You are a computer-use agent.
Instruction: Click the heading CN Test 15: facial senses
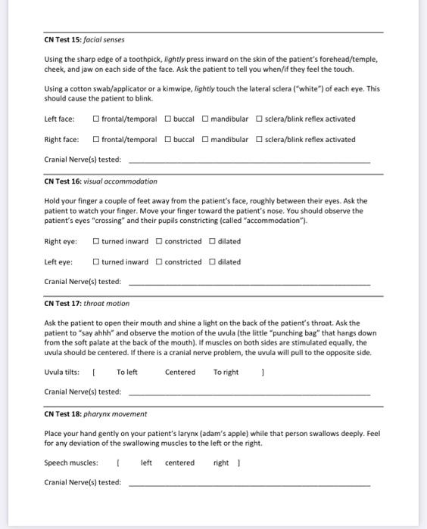pos(84,39)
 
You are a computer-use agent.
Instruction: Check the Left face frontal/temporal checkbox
pos(96,119)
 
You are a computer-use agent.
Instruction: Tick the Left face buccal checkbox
pos(168,119)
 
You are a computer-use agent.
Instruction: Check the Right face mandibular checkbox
pos(204,139)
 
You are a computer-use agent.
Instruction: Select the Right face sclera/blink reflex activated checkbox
pos(260,139)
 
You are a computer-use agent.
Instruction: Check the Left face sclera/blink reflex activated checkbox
pos(260,119)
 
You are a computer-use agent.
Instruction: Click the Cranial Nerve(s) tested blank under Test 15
pos(250,160)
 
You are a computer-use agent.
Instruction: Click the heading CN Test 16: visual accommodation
pos(101,181)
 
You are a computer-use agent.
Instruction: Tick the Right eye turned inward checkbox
pos(96,241)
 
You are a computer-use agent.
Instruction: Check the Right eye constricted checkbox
pos(159,241)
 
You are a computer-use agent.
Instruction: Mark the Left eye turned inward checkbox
pos(96,261)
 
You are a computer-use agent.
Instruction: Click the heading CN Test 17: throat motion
pos(87,303)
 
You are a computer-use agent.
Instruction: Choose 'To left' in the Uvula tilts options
pos(127,372)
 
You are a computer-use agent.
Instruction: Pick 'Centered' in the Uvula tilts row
pos(180,372)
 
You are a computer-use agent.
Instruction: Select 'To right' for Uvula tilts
pos(226,372)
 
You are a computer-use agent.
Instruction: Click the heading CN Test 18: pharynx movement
pos(95,413)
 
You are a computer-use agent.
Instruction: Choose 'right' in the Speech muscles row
pos(221,462)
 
